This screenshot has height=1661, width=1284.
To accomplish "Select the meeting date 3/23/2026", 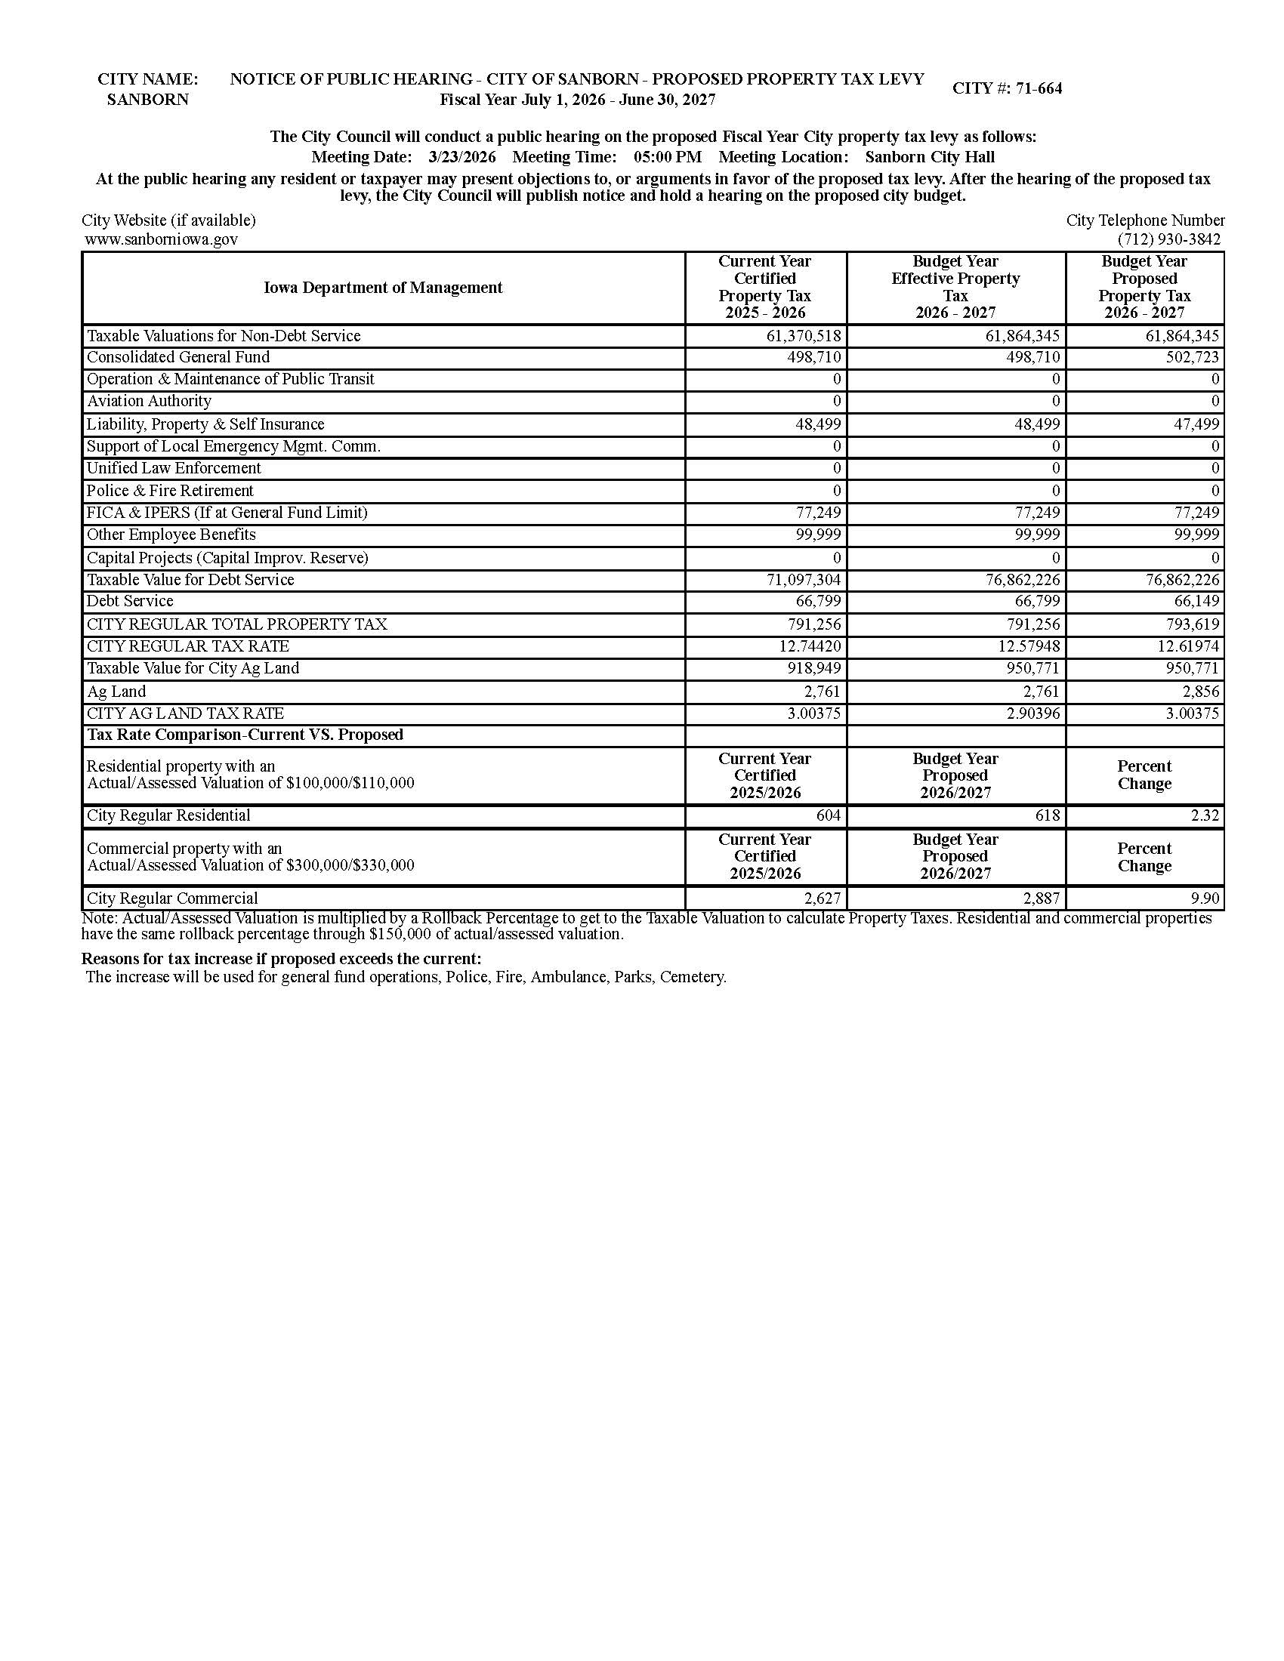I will pyautogui.click(x=461, y=158).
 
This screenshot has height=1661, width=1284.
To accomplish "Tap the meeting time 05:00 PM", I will pyautogui.click(x=667, y=158).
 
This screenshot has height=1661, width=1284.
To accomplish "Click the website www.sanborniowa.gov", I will pyautogui.click(x=162, y=239).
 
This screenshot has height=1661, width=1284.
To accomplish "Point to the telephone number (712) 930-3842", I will pyautogui.click(x=1168, y=239).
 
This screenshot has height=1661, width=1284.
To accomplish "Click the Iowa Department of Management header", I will pyautogui.click(x=383, y=288).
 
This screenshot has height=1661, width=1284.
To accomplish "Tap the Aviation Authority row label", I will pyautogui.click(x=149, y=401).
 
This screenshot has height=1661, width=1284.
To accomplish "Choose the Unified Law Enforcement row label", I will pyautogui.click(x=174, y=469).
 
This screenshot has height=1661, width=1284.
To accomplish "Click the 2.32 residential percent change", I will pyautogui.click(x=1205, y=816).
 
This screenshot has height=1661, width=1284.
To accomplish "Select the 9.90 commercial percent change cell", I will pyautogui.click(x=1205, y=899).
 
